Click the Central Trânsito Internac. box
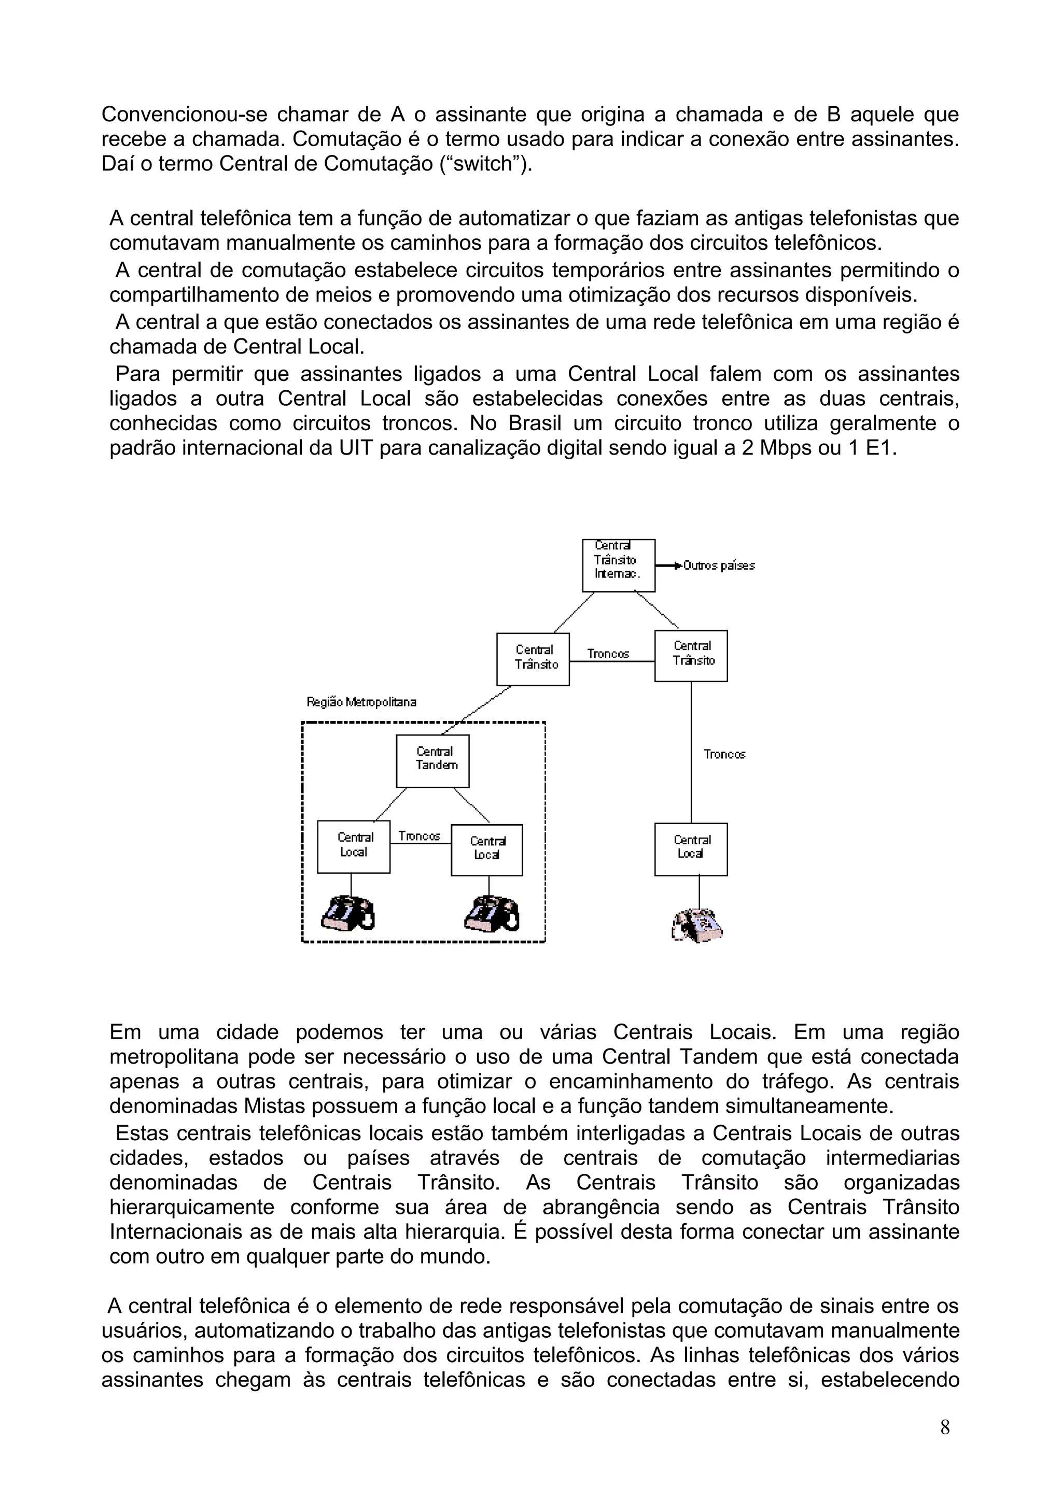tap(618, 565)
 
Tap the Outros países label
tap(719, 566)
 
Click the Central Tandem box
tap(432, 761)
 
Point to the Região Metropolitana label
tap(361, 702)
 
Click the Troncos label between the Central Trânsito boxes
tap(608, 654)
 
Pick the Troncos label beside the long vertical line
tap(724, 754)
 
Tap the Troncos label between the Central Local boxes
tap(420, 836)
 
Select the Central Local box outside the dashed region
tap(691, 849)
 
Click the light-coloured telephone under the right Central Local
tap(697, 924)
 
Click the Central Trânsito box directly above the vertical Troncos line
tap(691, 656)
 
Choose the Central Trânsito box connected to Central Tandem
tap(533, 659)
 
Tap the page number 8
tap(945, 1427)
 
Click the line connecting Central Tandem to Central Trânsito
tap(478, 710)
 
